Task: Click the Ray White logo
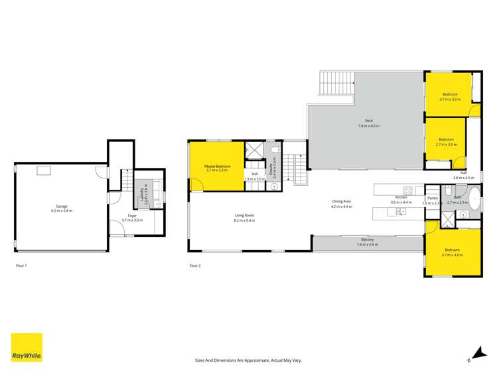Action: point(27,347)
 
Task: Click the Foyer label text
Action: point(133,216)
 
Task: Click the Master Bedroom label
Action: point(217,166)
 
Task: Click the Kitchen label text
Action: point(401,198)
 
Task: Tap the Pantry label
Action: point(433,198)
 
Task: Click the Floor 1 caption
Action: point(21,265)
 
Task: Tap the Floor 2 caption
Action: point(194,265)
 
